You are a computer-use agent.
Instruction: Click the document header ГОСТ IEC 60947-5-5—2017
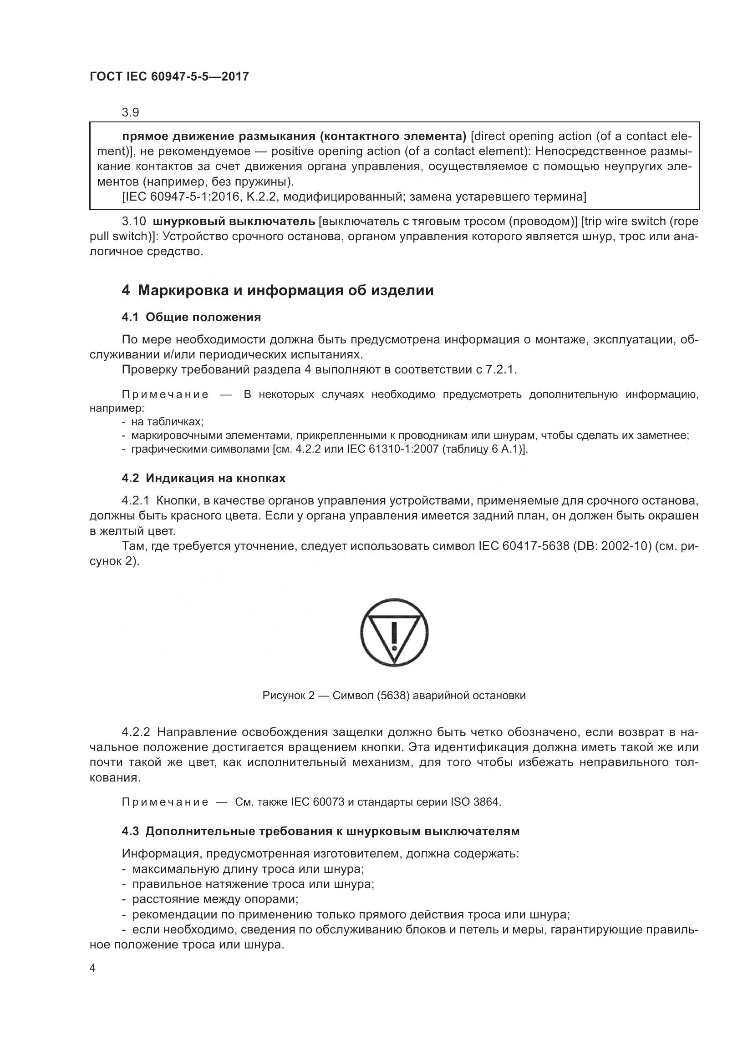point(169,76)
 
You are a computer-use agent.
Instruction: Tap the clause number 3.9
point(130,113)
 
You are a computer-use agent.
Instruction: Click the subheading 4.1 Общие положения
point(191,318)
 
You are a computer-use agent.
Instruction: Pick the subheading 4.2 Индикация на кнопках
point(204,478)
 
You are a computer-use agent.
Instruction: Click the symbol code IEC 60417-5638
point(524,546)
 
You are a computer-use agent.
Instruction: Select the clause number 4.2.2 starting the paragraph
point(136,732)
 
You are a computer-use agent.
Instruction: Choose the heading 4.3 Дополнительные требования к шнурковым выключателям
point(321,832)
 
